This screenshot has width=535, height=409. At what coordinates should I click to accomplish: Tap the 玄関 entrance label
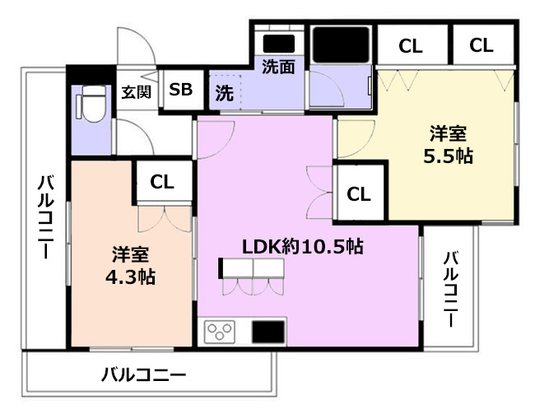click(136, 91)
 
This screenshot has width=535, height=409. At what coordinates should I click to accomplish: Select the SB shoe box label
click(180, 90)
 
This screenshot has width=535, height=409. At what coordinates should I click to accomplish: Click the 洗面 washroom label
click(278, 67)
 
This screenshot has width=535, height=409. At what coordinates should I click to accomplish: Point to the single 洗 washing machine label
click(224, 93)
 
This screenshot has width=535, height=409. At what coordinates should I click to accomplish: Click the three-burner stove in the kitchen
click(221, 332)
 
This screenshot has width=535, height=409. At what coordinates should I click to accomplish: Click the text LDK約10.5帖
click(302, 245)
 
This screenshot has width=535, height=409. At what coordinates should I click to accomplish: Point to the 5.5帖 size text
click(449, 156)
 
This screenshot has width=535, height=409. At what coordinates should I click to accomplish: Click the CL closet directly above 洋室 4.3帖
click(162, 182)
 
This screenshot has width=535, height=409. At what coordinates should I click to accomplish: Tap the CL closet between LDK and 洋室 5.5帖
click(358, 194)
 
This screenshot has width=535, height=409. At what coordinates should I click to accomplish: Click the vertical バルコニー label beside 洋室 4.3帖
click(45, 216)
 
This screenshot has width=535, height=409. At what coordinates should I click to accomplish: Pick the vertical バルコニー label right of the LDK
click(451, 289)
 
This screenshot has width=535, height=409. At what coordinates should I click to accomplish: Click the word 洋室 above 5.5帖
click(449, 132)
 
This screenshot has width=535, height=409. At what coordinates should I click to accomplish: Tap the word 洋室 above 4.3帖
click(130, 253)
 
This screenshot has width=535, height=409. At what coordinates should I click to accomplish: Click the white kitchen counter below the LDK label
click(254, 268)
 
